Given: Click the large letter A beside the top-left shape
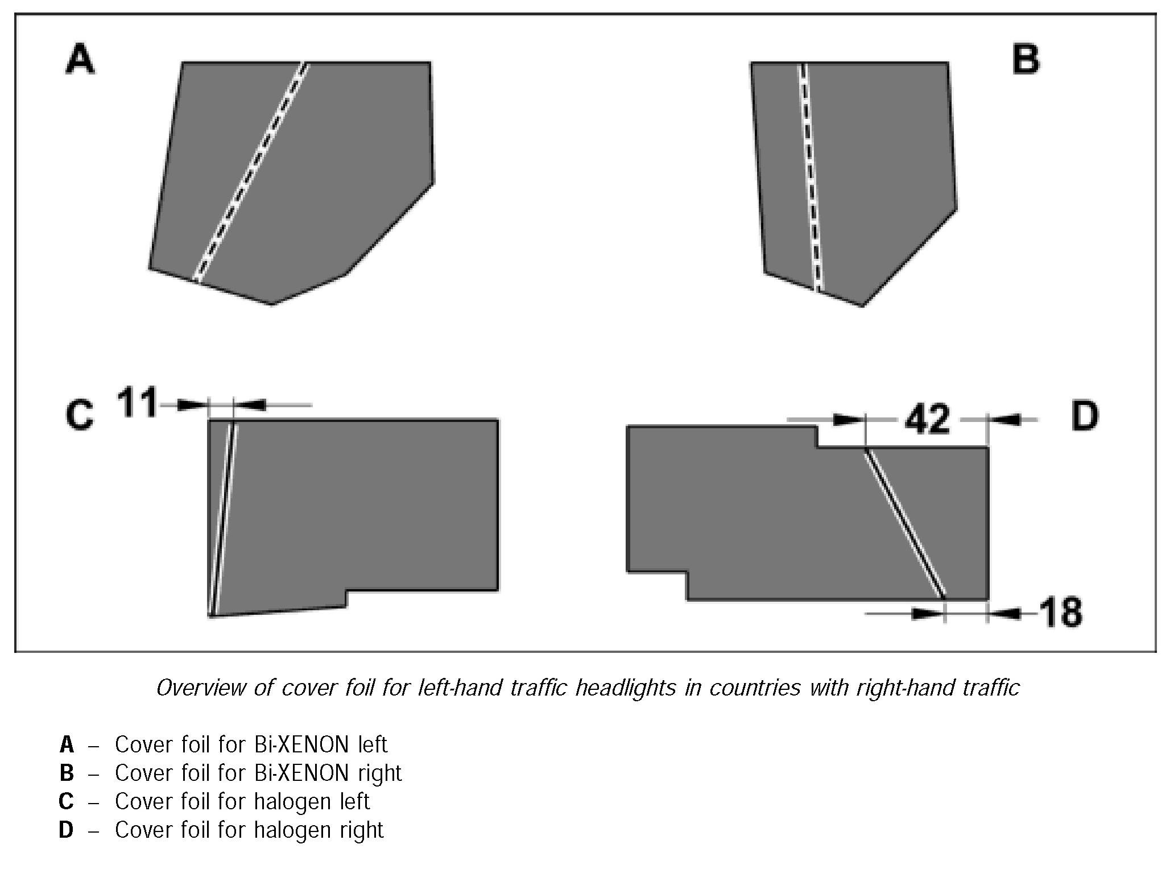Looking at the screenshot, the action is click(80, 60).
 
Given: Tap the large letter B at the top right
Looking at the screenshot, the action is click(1026, 60).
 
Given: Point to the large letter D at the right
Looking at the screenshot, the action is click(1084, 416).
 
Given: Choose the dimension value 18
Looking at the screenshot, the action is click(1060, 613).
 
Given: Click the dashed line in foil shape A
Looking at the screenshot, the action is click(250, 171).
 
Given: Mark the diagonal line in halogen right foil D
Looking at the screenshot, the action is click(904, 523).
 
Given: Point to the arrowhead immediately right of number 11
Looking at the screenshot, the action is click(250, 405).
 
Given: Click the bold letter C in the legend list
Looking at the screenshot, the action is click(66, 801).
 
